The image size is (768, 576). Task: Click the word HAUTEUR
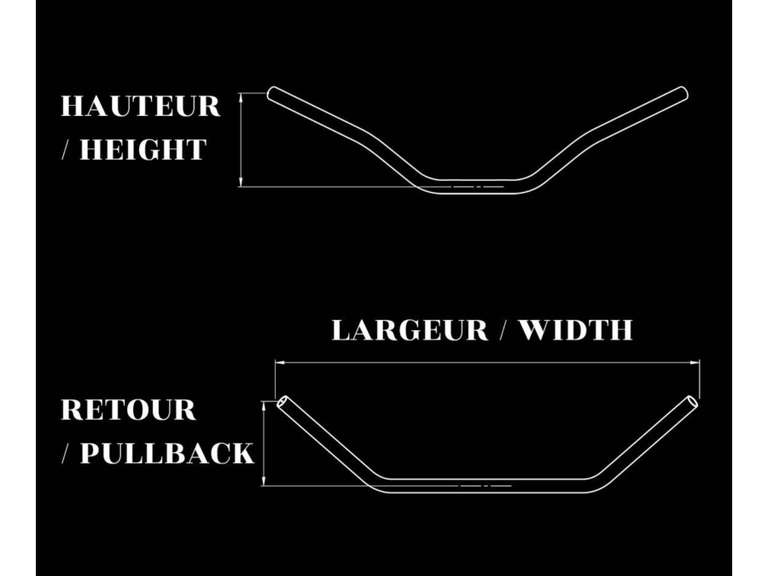pos(141,107)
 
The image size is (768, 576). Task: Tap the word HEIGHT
pos(143,149)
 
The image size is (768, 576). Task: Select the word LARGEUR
pos(410,329)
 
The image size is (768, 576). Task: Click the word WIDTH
pos(575,329)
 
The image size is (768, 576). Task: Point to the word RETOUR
pos(128,410)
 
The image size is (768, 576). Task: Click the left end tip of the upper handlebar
pos(271,93)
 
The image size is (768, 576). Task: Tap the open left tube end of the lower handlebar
pos(283,402)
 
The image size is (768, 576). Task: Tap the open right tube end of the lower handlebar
pos(691,402)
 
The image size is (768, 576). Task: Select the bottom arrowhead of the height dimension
pos(241,183)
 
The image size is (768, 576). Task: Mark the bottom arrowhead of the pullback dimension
pos(264,481)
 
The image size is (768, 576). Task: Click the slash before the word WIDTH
pos(503,329)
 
